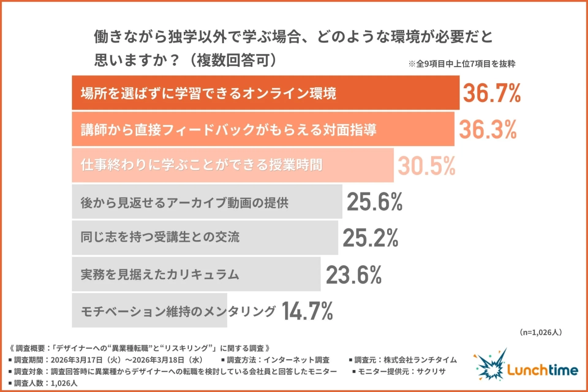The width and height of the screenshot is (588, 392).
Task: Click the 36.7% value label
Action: (491, 93)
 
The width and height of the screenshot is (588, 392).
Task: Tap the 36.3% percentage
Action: (488, 129)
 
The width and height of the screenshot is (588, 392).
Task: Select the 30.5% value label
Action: (426, 166)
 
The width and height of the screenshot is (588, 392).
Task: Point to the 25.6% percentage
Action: (375, 202)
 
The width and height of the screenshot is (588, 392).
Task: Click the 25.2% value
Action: (370, 238)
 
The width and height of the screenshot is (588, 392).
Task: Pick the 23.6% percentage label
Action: (354, 274)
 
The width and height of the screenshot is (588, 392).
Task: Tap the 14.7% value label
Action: (308, 311)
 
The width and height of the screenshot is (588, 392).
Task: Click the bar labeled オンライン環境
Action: (265, 93)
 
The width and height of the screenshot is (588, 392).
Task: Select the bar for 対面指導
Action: (263, 129)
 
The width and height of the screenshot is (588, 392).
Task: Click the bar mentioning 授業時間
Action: (232, 166)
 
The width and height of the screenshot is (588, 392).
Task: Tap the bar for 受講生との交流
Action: (204, 238)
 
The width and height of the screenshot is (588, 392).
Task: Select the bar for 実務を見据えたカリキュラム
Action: (196, 274)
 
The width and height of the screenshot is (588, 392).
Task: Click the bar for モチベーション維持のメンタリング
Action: (149, 311)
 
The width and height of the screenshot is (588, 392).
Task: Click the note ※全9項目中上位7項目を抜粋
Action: (461, 64)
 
